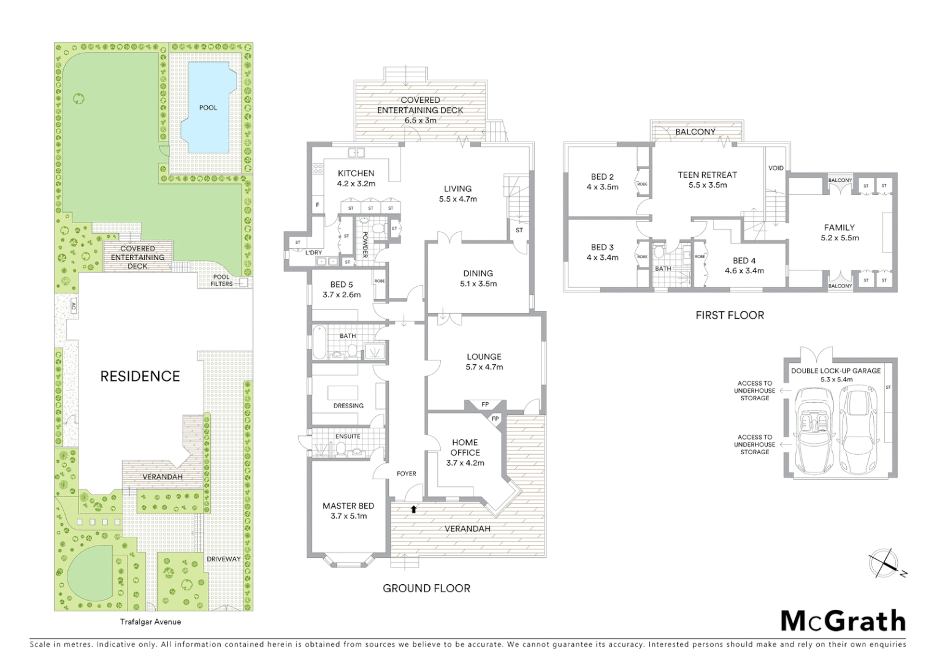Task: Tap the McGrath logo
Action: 843,621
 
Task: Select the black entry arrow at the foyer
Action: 413,509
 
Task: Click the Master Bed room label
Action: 348,511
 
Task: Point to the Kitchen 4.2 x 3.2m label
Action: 356,178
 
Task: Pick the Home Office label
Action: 465,452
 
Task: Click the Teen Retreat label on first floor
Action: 707,180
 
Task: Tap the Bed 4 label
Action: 744,265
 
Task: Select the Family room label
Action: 839,232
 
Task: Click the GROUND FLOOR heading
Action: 426,588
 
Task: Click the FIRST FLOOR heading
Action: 730,316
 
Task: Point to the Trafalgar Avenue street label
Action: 150,622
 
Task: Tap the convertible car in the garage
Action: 813,432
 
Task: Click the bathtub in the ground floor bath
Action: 319,344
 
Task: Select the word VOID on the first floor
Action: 776,168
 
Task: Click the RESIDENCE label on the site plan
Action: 140,376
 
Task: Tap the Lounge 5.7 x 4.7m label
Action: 484,362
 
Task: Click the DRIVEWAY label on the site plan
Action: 223,559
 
